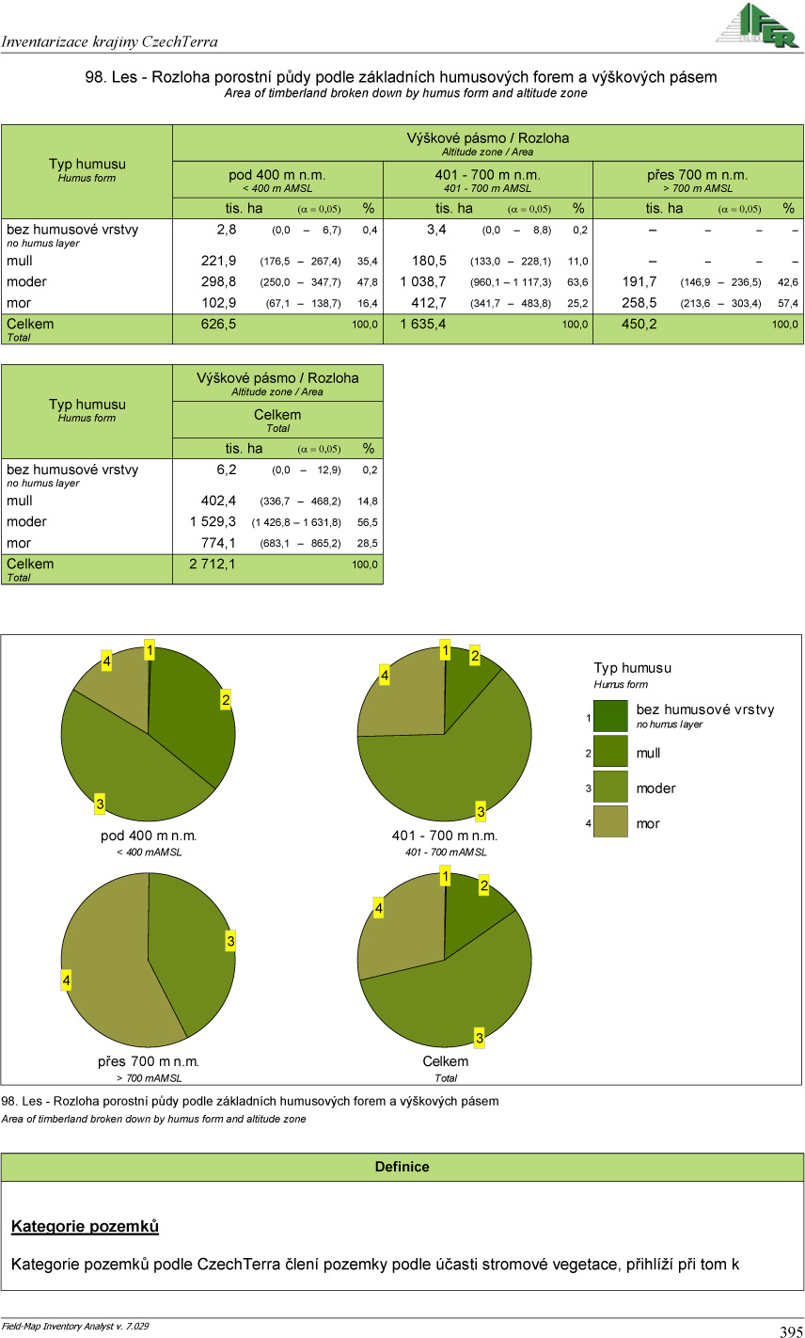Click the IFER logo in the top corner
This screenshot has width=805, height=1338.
[x=757, y=24]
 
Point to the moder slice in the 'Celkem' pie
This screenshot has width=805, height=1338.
[x=451, y=997]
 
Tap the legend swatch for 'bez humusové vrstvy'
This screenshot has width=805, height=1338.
[x=609, y=716]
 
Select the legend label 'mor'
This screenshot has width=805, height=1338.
[x=648, y=823]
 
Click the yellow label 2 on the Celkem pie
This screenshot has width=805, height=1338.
[x=483, y=885]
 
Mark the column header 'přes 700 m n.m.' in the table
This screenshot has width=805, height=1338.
[x=697, y=175]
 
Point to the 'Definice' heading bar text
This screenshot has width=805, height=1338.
[x=402, y=1167]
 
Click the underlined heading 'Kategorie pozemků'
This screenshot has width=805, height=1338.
[x=85, y=1226]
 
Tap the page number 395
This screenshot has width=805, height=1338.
[x=790, y=1330]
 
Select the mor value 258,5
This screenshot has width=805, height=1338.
[x=640, y=303]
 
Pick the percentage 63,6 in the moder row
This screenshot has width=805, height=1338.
[x=577, y=282]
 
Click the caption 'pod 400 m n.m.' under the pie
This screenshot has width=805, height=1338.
[x=149, y=836]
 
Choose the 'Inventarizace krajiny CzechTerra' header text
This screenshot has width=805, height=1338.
[x=110, y=41]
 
